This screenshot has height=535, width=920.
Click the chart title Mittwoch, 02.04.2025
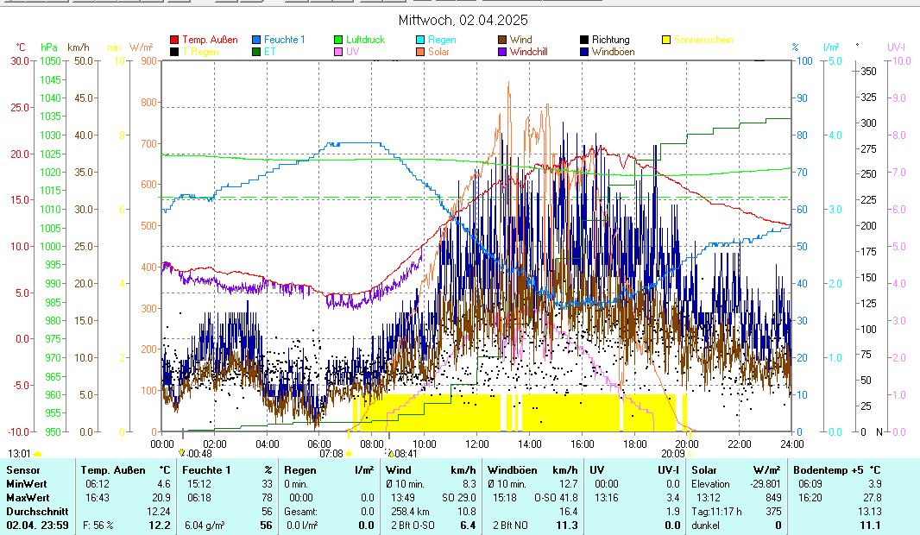[x=463, y=20]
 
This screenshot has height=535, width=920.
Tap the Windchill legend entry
[x=532, y=52]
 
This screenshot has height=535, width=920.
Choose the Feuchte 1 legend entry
[x=284, y=40]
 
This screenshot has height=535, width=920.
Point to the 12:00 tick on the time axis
[x=477, y=444]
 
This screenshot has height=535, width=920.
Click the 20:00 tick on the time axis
[x=687, y=444]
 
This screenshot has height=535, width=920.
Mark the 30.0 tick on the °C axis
[x=20, y=61]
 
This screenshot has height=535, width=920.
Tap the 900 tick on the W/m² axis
[x=148, y=61]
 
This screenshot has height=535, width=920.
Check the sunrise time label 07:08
[x=332, y=452]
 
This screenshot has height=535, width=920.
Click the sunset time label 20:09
[x=673, y=452]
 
